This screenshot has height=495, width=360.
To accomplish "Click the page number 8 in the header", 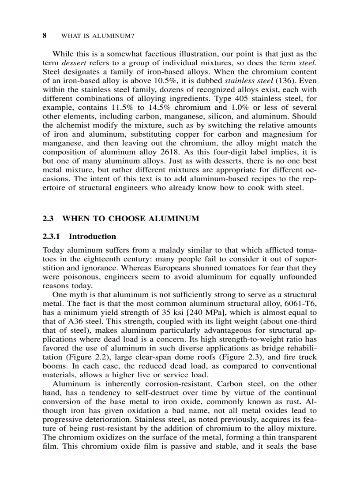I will (x=45, y=35).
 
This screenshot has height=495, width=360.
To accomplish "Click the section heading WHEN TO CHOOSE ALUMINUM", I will (x=131, y=218).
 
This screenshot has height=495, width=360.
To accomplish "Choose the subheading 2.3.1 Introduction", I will (x=79, y=237).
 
